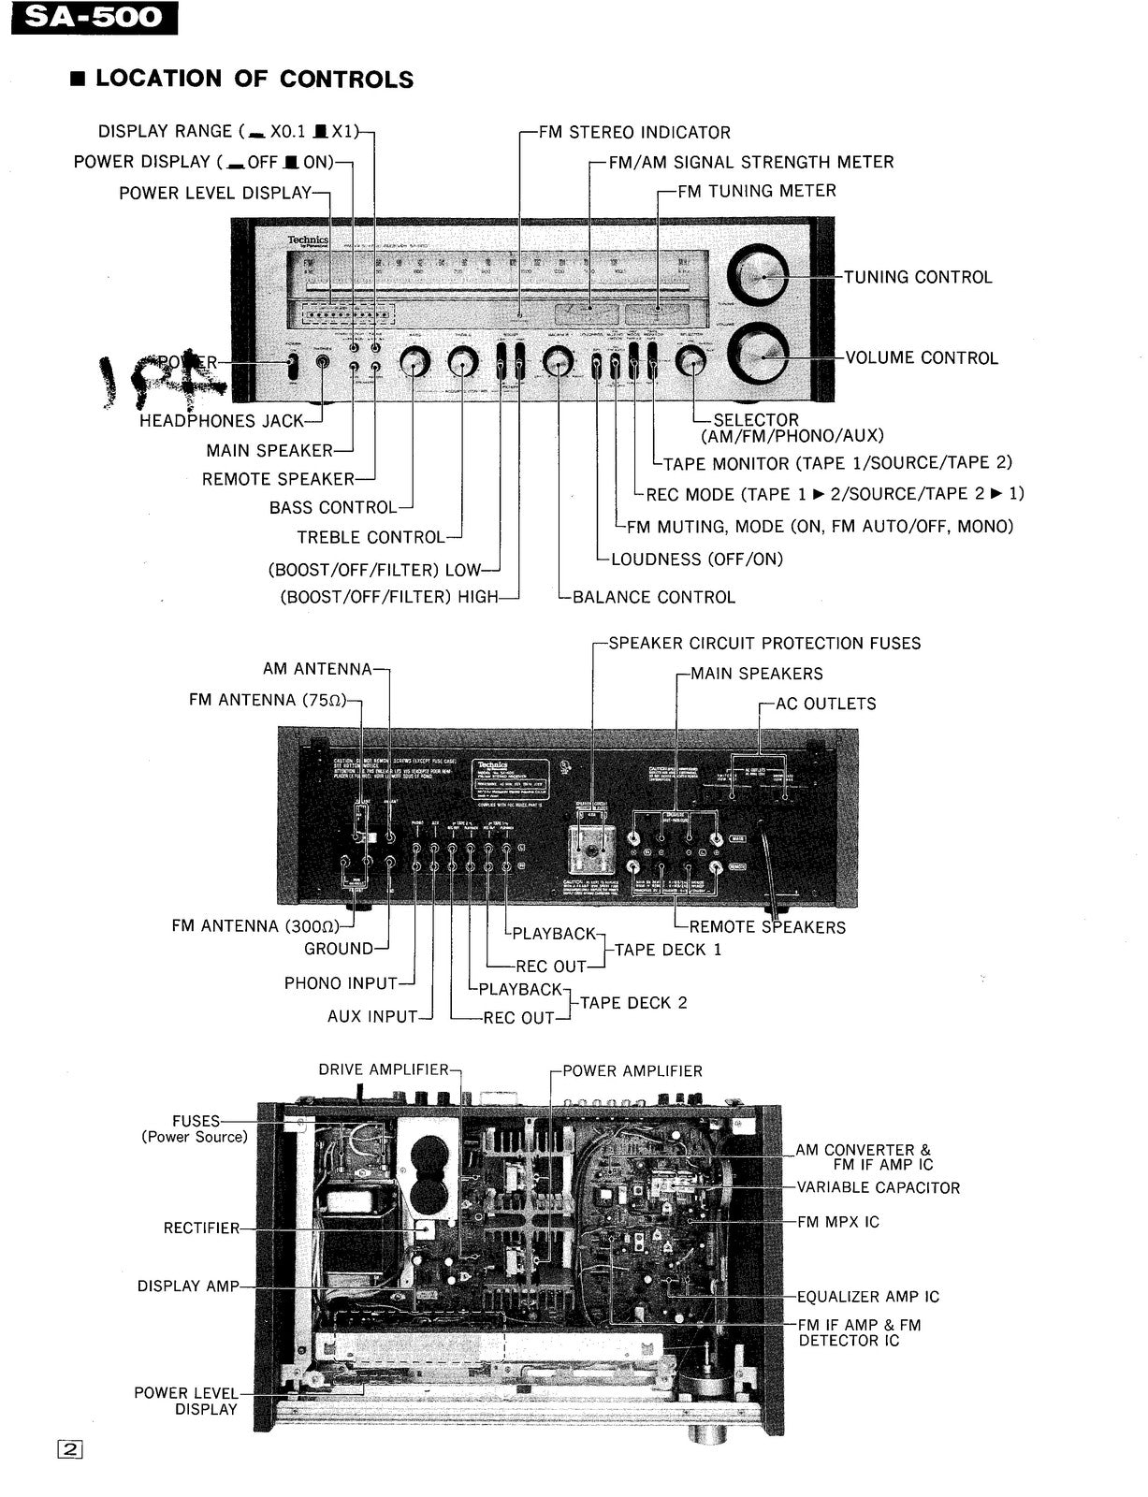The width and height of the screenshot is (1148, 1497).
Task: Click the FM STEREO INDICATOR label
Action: coord(634,133)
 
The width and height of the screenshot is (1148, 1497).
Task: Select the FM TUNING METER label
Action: coord(756,191)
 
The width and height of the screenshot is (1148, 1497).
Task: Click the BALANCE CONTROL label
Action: coord(653,597)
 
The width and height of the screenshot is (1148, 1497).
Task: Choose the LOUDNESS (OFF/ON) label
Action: coord(696,560)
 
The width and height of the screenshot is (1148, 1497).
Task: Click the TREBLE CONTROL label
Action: coord(370,537)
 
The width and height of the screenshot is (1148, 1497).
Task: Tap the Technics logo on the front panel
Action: coord(308,241)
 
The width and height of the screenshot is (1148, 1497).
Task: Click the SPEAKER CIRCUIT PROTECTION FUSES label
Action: coord(763,644)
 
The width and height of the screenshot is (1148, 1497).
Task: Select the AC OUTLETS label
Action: coord(825,704)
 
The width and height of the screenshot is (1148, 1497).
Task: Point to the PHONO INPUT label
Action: coord(341,983)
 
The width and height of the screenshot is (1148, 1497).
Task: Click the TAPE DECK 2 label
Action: coord(633,1003)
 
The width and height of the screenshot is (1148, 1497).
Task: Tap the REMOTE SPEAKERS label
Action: coord(766,927)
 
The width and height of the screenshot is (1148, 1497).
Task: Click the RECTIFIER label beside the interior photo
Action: coord(201,1228)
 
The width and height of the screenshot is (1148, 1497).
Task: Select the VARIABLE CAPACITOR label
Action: coord(878,1188)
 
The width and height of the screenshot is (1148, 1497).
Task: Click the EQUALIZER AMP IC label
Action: coord(867,1297)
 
